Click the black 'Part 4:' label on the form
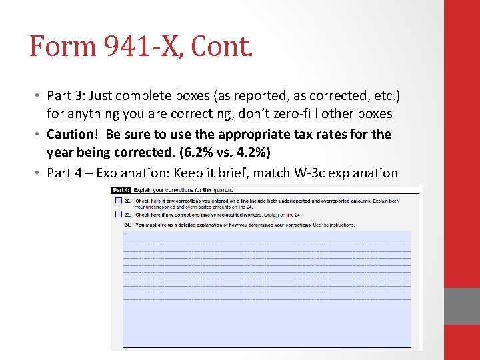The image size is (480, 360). (x=121, y=190)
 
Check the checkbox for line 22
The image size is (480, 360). (x=118, y=201)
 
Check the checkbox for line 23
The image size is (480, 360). (x=118, y=215)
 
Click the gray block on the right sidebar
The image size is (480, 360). (x=462, y=306)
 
